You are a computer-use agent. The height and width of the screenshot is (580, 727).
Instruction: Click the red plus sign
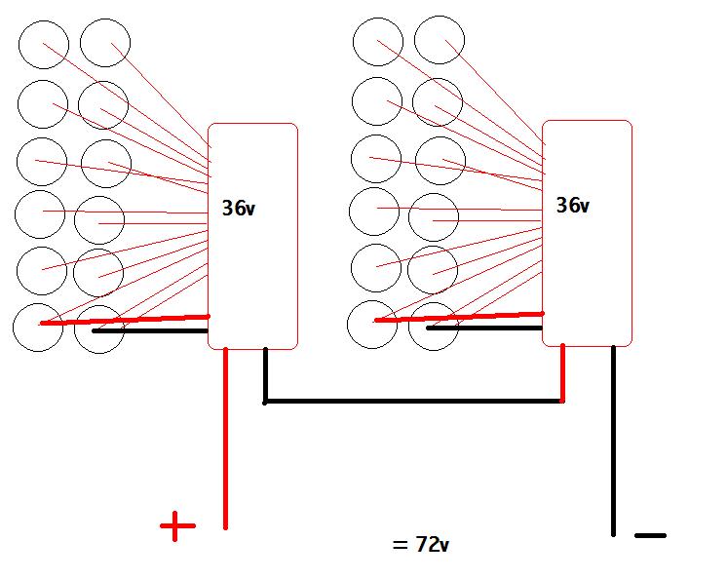tap(177, 527)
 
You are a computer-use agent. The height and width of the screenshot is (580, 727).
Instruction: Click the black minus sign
tap(650, 535)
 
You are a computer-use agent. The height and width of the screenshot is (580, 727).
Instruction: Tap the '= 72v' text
tap(421, 543)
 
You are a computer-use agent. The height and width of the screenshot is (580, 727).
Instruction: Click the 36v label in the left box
tap(241, 208)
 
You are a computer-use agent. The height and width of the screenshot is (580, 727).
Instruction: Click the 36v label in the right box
tap(572, 206)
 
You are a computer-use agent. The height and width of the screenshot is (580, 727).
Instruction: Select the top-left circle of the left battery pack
tap(44, 44)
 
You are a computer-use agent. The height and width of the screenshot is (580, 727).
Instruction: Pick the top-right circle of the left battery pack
tap(105, 43)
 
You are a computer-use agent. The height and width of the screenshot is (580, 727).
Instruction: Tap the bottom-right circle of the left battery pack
tap(99, 329)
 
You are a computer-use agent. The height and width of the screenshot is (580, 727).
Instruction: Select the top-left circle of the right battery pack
tap(377, 41)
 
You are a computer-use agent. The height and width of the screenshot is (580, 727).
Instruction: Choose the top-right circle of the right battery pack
tap(439, 41)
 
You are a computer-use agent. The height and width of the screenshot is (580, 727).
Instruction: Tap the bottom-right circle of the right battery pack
tap(434, 326)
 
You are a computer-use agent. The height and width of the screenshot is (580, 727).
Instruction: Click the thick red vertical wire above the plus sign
tap(225, 439)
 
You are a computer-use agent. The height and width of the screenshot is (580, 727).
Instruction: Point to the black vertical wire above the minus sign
tap(613, 439)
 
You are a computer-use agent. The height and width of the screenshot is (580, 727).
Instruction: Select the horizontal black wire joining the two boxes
tap(409, 400)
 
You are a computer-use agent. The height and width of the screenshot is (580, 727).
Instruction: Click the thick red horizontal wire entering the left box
tap(127, 319)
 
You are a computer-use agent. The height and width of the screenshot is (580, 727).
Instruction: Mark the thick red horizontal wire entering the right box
tap(458, 316)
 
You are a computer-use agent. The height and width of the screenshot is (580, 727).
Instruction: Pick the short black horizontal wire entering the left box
tap(151, 331)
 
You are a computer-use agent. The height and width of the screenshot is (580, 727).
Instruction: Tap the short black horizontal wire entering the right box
tap(485, 328)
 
